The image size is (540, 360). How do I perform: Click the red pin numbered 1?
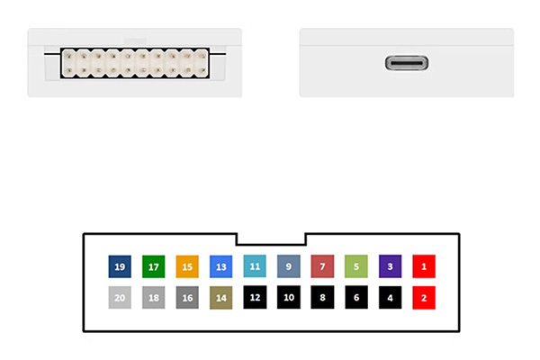424,266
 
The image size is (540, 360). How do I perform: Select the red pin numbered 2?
424,297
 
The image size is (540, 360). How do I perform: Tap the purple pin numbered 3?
390,266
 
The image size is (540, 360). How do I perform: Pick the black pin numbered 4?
390,297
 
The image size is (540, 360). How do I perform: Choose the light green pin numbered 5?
356,266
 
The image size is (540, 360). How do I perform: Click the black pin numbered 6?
356,297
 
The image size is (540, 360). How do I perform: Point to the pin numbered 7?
322,266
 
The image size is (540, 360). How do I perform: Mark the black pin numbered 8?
322,297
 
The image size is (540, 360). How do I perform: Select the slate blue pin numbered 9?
288,266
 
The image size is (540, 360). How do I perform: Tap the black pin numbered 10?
288,297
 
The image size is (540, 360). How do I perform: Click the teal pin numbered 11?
255,266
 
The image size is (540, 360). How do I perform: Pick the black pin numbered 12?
255,297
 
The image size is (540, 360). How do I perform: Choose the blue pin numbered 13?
220,266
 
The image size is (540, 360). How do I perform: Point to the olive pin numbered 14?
220,297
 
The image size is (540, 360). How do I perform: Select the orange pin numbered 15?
187,266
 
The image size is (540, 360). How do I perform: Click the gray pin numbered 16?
187,297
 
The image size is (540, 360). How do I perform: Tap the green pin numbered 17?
153,266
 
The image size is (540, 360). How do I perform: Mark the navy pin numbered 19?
120,266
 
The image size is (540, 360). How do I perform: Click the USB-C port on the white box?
407,64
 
